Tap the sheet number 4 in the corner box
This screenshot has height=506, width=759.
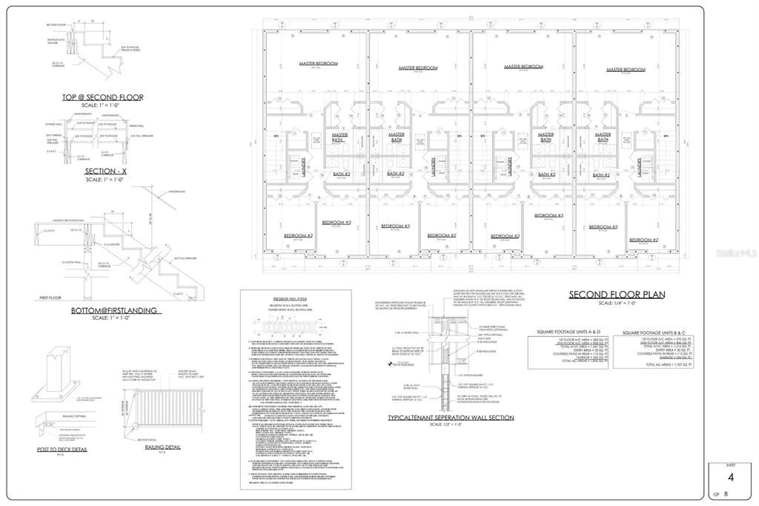tap(730, 478)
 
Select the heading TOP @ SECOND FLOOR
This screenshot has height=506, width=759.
tap(102, 97)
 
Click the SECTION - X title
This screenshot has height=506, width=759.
tap(102, 171)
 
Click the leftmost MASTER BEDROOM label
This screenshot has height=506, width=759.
tap(318, 64)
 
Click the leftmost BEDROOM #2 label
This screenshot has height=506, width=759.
tap(299, 236)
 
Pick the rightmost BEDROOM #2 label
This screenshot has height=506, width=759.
tap(643, 240)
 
